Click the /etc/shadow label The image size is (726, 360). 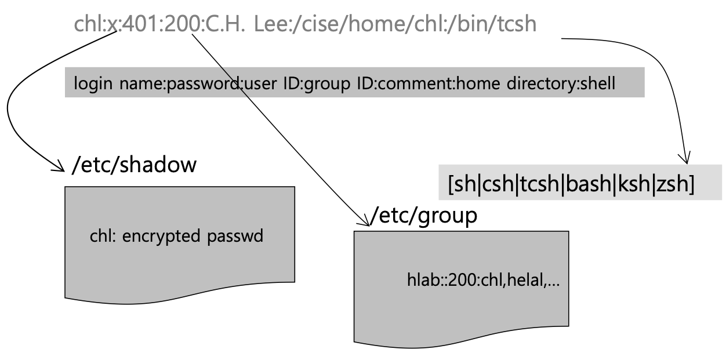click(x=134, y=165)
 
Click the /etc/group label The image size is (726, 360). click(x=424, y=216)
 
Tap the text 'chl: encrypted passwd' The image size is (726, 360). click(x=176, y=237)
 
